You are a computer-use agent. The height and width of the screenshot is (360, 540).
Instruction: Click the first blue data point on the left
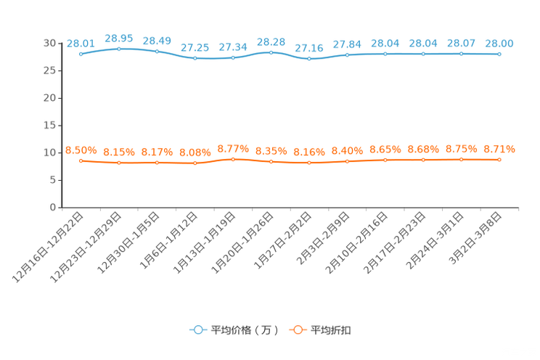pyautogui.click(x=81, y=54)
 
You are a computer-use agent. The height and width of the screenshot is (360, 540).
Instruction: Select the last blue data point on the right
pyautogui.click(x=499, y=54)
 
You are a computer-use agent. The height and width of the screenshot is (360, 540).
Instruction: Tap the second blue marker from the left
pyautogui.click(x=119, y=49)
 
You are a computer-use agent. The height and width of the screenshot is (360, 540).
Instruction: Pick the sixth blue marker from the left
pyautogui.click(x=271, y=52)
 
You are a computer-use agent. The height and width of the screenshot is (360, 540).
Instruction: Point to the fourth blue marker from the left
pyautogui.click(x=195, y=58)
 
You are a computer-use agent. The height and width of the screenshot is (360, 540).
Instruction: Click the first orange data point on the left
pyautogui.click(x=81, y=160)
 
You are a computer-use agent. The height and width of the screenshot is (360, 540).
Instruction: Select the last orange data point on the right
pyautogui.click(x=499, y=159)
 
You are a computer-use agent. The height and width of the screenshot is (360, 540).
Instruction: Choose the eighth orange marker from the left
pyautogui.click(x=348, y=161)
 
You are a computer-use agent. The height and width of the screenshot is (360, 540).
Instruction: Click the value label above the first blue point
pyautogui.click(x=81, y=44)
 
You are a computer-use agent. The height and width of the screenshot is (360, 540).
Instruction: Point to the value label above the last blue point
pyautogui.click(x=499, y=44)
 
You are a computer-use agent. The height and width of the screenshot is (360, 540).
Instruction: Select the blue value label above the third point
pyautogui.click(x=157, y=41)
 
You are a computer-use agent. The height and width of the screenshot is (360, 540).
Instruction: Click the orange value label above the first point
pyautogui.click(x=81, y=150)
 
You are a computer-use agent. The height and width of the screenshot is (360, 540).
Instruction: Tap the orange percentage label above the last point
pyautogui.click(x=499, y=149)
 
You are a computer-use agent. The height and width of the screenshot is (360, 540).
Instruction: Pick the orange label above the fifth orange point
pyautogui.click(x=233, y=148)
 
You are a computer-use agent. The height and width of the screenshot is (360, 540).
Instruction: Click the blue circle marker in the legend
pyautogui.click(x=197, y=330)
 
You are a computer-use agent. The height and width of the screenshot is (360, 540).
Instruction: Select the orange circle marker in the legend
pyautogui.click(x=296, y=330)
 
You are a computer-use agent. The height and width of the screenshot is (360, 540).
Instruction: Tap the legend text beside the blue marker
pyautogui.click(x=244, y=330)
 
